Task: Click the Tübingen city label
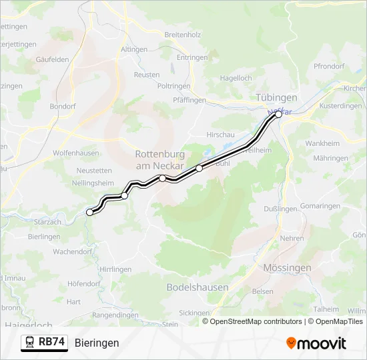276,97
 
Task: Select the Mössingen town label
287,267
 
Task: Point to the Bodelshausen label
197,287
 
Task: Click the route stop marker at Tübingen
278,115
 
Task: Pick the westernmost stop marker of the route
90,212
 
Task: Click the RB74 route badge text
51,342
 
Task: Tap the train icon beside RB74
30,342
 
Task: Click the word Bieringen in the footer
97,343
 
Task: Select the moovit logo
316,343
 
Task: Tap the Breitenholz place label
182,34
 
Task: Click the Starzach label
47,221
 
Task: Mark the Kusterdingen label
340,106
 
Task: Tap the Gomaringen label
320,207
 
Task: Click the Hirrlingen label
115,269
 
